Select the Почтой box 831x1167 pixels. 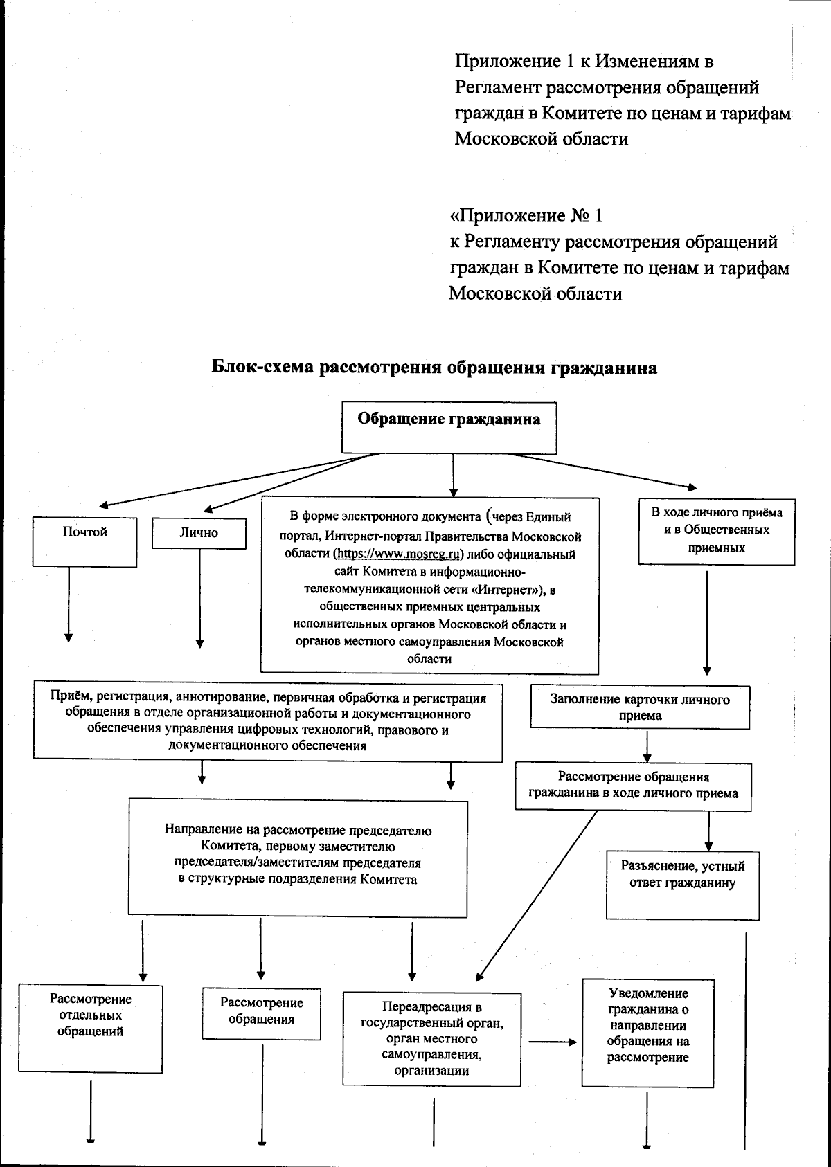coord(85,543)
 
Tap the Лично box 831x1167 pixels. coord(199,533)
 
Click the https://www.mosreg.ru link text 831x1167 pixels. coord(399,554)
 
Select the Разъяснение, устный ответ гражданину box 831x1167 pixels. coord(683,884)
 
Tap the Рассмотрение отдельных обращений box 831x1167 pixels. coord(91,1028)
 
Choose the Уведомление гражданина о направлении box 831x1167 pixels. coord(647,1032)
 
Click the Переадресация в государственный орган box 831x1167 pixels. coord(431,1038)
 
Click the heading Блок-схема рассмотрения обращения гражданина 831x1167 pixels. coord(434,368)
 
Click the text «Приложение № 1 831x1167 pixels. coord(526,216)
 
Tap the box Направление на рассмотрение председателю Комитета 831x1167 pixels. coord(298,858)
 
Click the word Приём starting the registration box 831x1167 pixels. coord(68,698)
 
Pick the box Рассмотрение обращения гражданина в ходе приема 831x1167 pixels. coord(633,786)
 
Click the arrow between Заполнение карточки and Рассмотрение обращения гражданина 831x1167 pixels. coord(646,746)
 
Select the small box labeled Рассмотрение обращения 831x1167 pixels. coord(261,1013)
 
